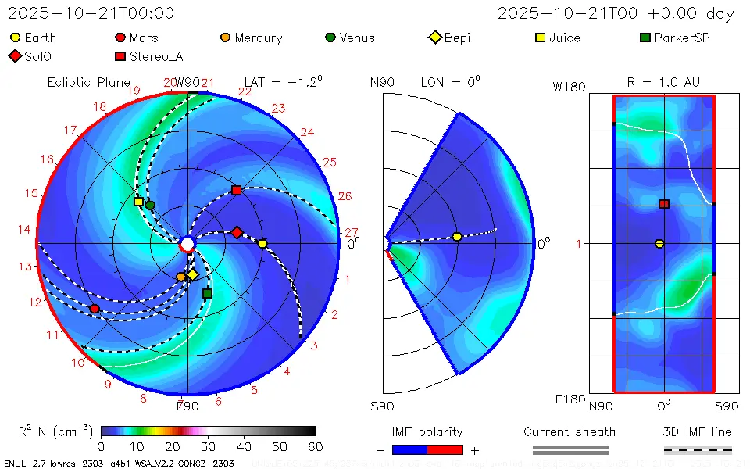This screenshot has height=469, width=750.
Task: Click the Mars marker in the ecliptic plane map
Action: click(x=95, y=309)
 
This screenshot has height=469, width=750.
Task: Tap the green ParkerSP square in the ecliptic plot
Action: click(x=207, y=293)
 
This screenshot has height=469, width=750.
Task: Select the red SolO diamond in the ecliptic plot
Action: click(x=237, y=232)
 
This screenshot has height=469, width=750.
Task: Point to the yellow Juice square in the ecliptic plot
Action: click(x=138, y=202)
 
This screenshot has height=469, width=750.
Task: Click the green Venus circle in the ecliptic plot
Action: click(x=150, y=206)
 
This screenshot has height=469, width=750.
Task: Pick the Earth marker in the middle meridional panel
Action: click(x=457, y=237)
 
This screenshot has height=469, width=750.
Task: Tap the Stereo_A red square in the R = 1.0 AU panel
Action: click(x=664, y=204)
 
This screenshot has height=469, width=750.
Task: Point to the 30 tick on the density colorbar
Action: click(x=208, y=446)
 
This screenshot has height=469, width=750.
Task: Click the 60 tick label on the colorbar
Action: click(x=315, y=446)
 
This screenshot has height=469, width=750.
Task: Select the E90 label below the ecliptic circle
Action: click(x=187, y=406)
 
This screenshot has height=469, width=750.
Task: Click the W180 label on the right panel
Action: click(x=569, y=87)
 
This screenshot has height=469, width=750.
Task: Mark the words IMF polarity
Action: click(x=427, y=432)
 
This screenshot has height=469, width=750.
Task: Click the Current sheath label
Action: click(x=570, y=432)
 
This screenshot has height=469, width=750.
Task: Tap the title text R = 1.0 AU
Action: click(x=663, y=82)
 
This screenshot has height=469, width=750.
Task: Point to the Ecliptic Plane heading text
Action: click(x=88, y=82)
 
